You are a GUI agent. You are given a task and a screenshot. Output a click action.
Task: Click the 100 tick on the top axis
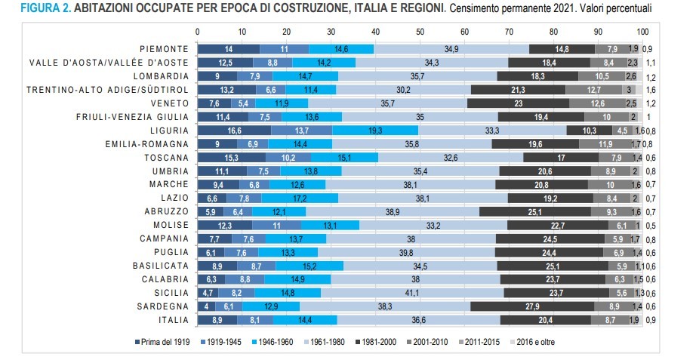642,32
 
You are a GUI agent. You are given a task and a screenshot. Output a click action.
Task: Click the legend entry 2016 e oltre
540,343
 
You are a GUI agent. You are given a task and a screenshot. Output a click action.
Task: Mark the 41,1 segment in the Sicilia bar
412,293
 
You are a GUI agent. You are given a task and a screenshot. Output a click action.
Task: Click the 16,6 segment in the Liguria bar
234,131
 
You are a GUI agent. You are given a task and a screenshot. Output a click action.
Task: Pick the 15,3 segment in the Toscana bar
231,158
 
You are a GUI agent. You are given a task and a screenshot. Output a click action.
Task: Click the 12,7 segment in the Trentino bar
593,90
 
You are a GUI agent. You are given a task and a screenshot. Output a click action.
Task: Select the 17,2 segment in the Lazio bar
300,198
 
